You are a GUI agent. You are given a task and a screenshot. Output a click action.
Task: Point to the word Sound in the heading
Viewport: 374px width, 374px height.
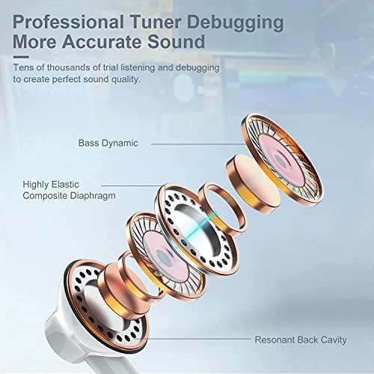point(177,42)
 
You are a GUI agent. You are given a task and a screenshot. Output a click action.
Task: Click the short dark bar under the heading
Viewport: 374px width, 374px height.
point(21,57)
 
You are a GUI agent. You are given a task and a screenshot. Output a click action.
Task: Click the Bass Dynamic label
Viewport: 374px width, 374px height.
point(108,143)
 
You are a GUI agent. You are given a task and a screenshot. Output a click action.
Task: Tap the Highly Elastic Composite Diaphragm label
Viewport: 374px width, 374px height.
point(69,190)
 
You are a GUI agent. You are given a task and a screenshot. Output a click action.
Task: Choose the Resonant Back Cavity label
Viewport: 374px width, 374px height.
point(301,340)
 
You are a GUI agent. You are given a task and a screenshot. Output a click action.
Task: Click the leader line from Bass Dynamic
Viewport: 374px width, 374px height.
point(198,144)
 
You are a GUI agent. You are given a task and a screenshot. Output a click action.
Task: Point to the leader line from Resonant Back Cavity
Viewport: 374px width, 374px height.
point(199,339)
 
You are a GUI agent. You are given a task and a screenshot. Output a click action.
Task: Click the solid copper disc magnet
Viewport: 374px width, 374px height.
point(252,184)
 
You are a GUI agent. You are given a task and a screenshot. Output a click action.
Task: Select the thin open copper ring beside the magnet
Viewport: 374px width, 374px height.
point(222,209)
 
